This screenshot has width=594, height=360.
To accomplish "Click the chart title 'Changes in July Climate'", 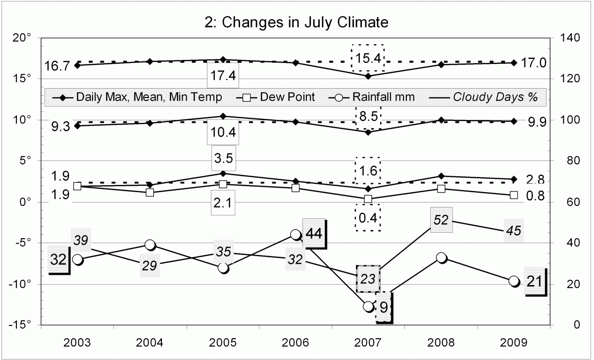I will point(297,22).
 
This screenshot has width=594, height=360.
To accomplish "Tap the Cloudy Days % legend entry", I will point(495,97).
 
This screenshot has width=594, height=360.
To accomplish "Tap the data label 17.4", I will point(223,76).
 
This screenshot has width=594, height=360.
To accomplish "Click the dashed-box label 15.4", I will point(368,58).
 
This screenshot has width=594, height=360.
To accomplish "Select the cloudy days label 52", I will point(441,220).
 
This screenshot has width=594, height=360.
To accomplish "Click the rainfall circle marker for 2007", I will point(368,307).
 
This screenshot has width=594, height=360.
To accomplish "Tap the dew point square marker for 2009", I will point(514,195).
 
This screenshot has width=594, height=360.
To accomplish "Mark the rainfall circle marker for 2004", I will point(150,245).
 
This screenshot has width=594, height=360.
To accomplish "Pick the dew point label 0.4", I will point(368,217).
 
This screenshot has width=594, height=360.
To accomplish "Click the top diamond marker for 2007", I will point(368,76).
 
